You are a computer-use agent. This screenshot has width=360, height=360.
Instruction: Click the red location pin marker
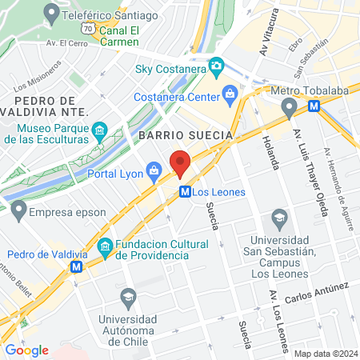(x=180, y=162)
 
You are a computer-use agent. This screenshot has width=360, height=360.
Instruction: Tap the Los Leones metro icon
(x=184, y=192)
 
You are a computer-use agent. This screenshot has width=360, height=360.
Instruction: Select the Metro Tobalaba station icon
(x=314, y=105)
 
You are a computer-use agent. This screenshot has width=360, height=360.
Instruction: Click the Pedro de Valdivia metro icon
(x=76, y=266)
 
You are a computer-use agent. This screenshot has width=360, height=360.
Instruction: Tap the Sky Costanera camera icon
(x=215, y=65)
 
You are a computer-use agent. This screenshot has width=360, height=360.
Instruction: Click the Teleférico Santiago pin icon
(x=52, y=12)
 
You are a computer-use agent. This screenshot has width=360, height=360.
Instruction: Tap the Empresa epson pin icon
(x=18, y=212)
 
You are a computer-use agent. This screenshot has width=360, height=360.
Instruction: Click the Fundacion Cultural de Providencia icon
(x=105, y=247)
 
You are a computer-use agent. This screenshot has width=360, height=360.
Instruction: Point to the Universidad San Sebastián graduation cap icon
(x=279, y=217)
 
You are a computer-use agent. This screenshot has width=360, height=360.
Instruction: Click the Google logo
(x=26, y=350)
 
